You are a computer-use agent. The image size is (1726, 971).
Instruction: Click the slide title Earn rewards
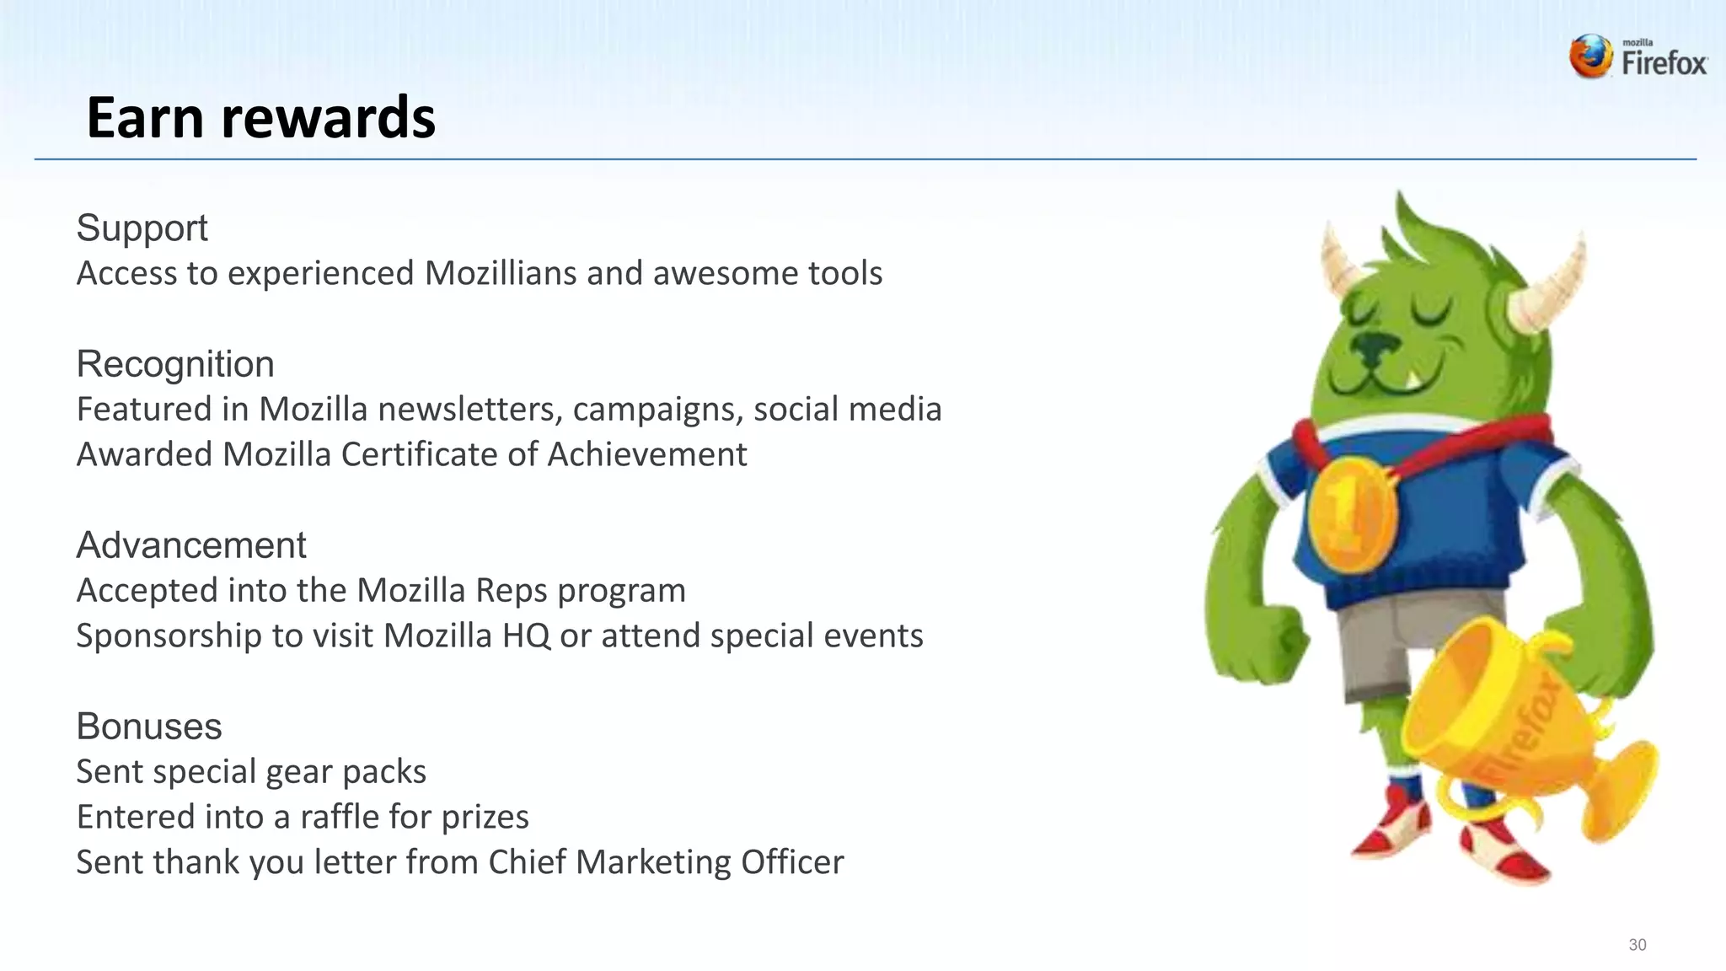pos(260,117)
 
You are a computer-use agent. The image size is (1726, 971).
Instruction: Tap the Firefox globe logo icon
pos(1591,57)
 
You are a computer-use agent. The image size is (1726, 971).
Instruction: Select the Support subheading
pos(142,228)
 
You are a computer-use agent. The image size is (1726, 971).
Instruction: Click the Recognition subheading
pos(175,364)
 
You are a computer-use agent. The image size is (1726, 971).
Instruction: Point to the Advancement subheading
pos(191,545)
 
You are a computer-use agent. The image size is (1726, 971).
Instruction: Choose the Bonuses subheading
pos(149,727)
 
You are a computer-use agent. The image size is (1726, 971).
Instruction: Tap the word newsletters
pos(469,410)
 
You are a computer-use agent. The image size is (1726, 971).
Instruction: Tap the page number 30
pos(1637,945)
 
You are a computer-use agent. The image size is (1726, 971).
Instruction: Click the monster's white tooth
pos(1412,378)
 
